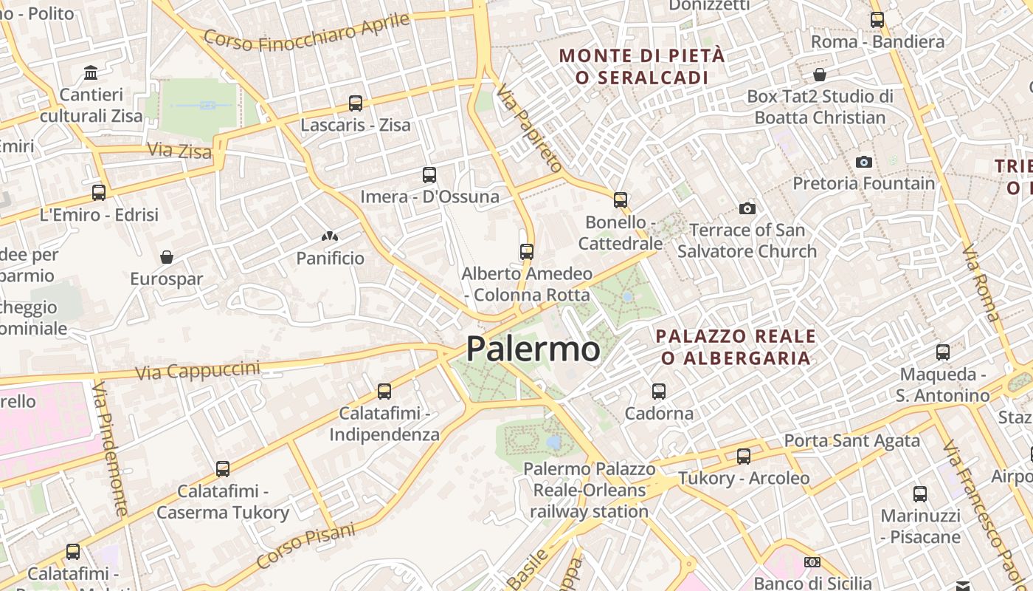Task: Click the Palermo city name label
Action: (533, 349)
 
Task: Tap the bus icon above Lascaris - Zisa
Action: (356, 103)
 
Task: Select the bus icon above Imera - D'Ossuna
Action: (429, 175)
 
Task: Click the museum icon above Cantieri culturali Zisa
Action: (91, 72)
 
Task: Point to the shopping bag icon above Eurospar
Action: (167, 257)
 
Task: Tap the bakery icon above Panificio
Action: (330, 236)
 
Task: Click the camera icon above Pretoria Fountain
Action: (863, 162)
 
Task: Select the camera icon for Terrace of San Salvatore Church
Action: (747, 209)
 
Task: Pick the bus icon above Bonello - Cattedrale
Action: (621, 200)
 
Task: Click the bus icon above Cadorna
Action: (659, 392)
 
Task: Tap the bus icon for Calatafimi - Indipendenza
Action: (384, 392)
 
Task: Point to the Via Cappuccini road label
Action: (198, 370)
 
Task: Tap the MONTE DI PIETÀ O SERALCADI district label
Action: (642, 66)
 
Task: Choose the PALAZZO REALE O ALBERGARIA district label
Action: (736, 347)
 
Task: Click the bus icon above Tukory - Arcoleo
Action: (744, 457)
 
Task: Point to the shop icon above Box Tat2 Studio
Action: (820, 75)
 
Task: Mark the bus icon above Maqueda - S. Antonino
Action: (943, 352)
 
